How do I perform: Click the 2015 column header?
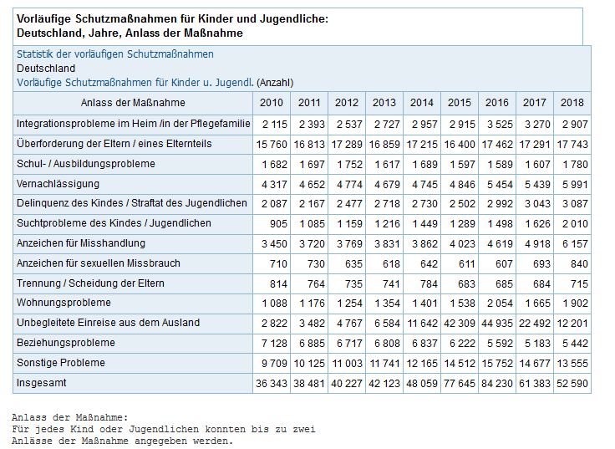[460, 103]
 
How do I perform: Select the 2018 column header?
[572, 103]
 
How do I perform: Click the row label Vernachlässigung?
[58, 184]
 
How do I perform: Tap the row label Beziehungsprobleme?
[66, 343]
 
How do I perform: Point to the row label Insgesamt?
[41, 383]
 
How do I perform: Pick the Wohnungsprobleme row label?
[64, 303]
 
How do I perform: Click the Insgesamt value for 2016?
[497, 384]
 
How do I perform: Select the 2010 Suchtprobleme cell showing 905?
[278, 224]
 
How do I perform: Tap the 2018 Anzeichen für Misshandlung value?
[575, 244]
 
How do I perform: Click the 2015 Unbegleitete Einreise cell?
[460, 324]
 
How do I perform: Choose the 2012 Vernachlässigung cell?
[349, 185]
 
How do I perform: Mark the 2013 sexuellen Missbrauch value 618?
[391, 263]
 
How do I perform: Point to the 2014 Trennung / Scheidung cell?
[429, 283]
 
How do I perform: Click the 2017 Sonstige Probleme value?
[535, 364]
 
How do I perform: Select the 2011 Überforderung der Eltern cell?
[309, 145]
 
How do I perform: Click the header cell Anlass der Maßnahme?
[133, 103]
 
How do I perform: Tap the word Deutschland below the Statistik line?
[46, 69]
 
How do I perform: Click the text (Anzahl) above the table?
[275, 83]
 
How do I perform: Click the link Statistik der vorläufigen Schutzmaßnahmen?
[115, 54]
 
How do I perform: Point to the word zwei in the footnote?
[304, 429]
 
